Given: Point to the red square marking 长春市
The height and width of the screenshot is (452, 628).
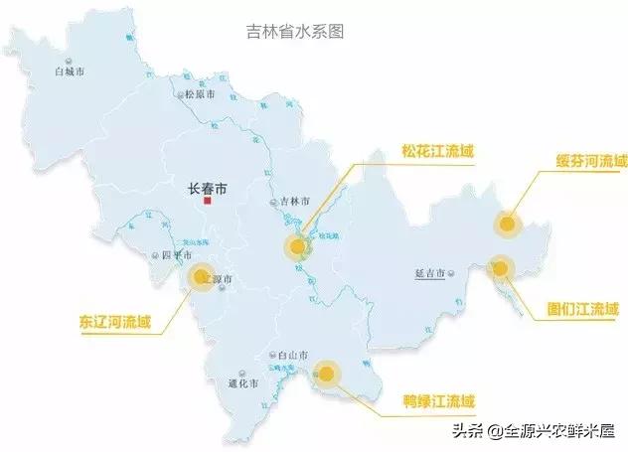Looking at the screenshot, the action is pyautogui.click(x=208, y=201).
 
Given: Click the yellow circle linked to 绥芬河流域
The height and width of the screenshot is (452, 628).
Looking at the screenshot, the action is pyautogui.click(x=510, y=224).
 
